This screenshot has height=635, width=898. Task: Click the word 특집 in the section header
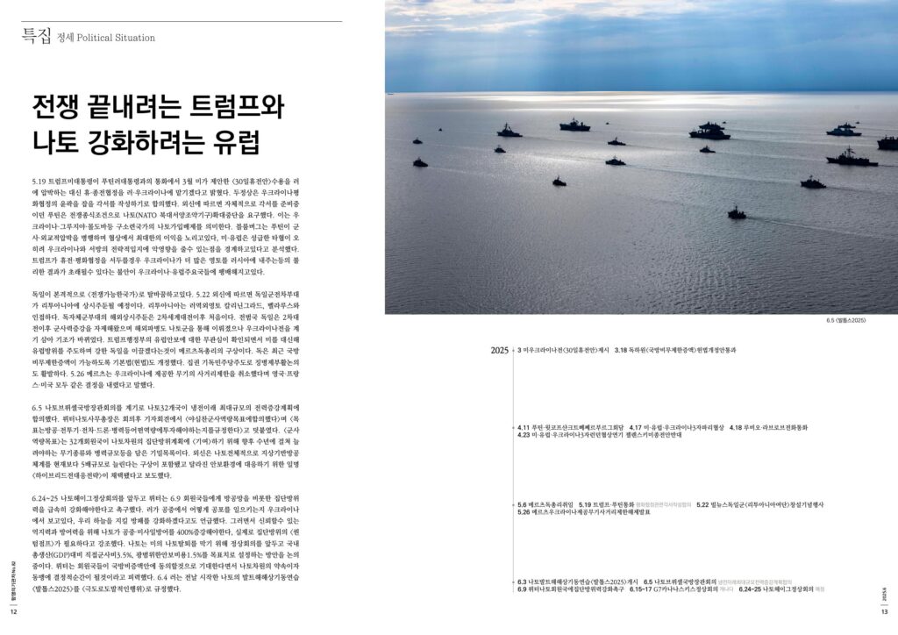(x=36, y=36)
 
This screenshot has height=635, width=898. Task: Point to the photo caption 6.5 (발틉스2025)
(x=846, y=320)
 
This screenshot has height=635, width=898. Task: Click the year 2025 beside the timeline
(x=500, y=351)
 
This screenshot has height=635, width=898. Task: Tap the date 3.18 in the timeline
(x=622, y=350)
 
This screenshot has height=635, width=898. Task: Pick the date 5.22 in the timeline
(x=703, y=504)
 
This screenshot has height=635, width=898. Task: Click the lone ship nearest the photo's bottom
(x=737, y=213)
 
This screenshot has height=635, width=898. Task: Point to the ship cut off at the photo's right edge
(x=887, y=141)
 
